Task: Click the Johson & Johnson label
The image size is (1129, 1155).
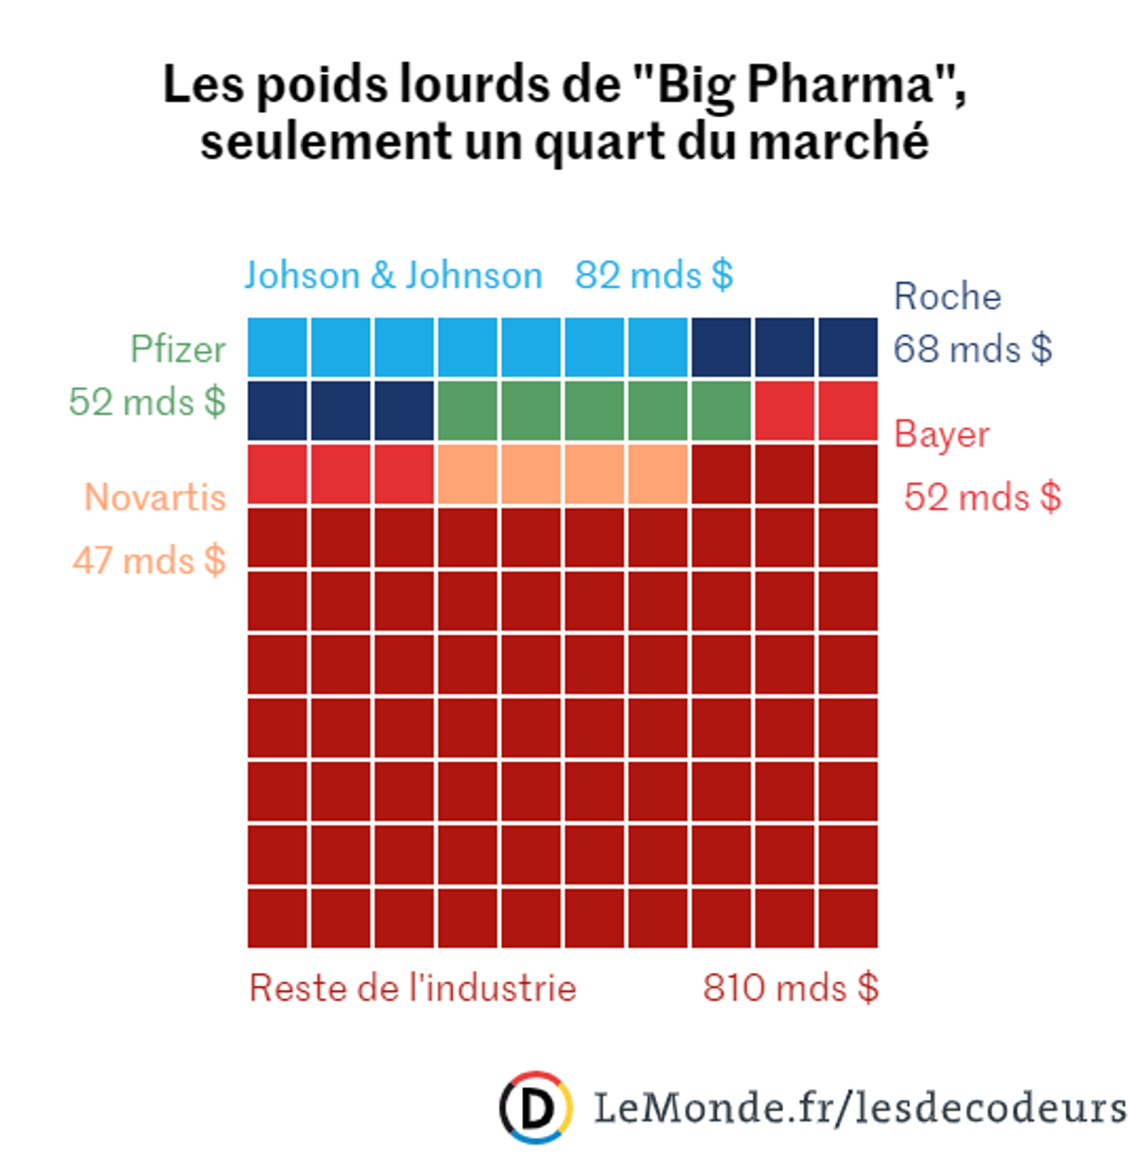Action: (x=393, y=276)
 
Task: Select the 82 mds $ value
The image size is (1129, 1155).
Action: (x=653, y=276)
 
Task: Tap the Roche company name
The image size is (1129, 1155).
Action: (x=947, y=297)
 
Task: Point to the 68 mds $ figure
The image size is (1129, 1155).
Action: (x=973, y=350)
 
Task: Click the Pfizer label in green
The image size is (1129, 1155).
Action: (x=178, y=350)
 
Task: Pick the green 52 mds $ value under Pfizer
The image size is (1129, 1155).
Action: (x=147, y=402)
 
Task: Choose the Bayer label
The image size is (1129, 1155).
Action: (x=942, y=435)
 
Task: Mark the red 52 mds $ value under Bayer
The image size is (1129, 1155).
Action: (x=982, y=498)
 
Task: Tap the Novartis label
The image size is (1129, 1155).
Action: (x=155, y=498)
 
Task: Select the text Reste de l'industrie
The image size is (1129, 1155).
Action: (x=412, y=988)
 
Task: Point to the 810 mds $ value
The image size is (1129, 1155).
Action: (x=790, y=988)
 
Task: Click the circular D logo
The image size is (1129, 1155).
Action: (x=535, y=1107)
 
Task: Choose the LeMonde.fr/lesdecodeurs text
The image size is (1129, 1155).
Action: (x=859, y=1107)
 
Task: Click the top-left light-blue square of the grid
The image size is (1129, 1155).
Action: (x=277, y=347)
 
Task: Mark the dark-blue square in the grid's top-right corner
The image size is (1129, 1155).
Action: (x=848, y=347)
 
